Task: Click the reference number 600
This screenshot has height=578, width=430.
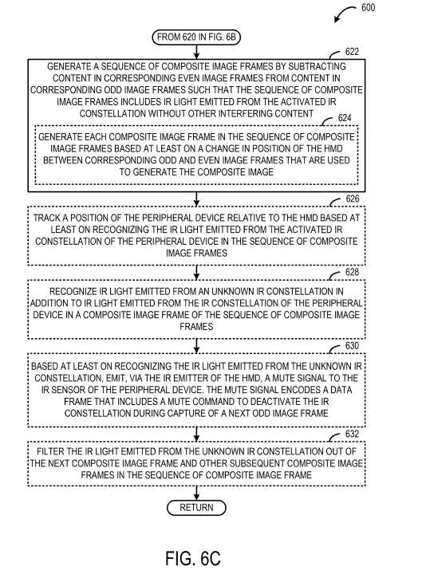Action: click(368, 7)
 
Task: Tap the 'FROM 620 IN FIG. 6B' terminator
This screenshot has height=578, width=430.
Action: click(196, 37)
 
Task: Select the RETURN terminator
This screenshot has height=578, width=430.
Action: click(196, 508)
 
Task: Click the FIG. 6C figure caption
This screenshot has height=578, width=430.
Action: click(192, 558)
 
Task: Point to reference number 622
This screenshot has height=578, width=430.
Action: click(352, 52)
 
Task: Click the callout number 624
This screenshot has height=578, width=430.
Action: click(345, 118)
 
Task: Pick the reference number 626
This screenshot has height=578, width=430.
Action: click(352, 199)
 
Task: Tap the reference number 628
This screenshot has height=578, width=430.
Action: click(352, 272)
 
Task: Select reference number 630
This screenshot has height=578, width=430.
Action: click(352, 345)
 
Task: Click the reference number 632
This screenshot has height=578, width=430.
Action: click(352, 434)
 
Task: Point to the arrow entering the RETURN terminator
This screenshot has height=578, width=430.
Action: click(196, 493)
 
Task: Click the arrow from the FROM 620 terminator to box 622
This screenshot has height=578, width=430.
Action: click(196, 52)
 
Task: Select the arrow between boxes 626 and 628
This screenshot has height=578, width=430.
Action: click(196, 273)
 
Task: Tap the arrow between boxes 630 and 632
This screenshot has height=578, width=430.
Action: click(196, 434)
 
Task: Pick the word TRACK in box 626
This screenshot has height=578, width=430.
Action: click(45, 218)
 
